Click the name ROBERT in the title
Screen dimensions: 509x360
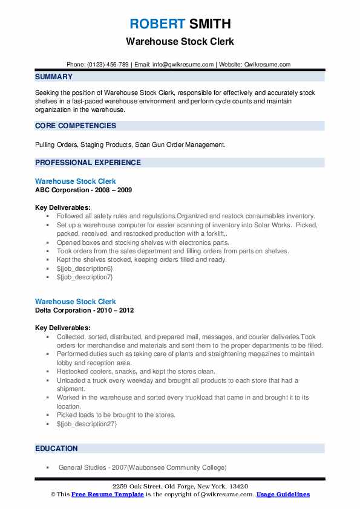coord(157,24)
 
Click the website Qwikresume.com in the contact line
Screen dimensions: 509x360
coord(268,64)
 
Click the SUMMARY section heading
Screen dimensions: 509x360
coord(54,77)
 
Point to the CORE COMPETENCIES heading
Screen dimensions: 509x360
coord(76,126)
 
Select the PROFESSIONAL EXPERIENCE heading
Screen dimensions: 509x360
coord(88,162)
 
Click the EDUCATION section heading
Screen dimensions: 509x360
coord(56,449)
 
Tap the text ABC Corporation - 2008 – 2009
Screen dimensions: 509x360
coord(83,190)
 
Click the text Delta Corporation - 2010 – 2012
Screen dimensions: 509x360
coord(84,310)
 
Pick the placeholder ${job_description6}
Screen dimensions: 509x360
coord(85,268)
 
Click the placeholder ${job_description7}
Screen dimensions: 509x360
coord(85,277)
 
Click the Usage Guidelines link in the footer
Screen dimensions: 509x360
coord(283,494)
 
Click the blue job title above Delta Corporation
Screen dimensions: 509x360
coord(75,302)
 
